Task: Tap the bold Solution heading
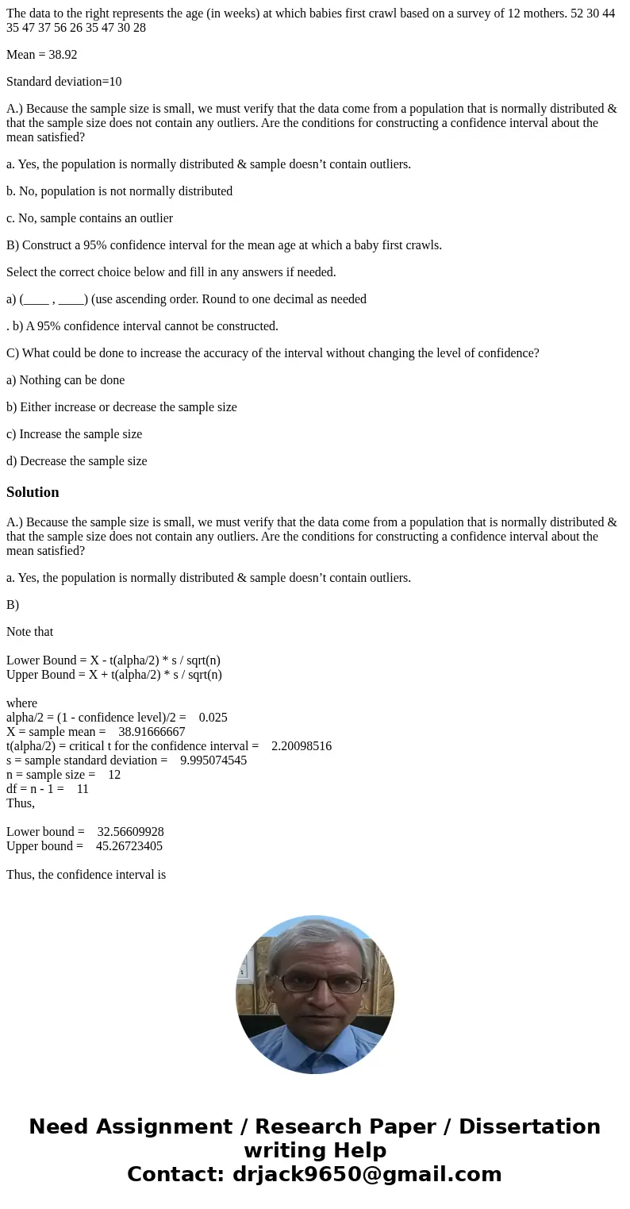point(33,492)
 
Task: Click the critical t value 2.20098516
point(302,746)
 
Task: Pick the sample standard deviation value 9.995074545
point(213,760)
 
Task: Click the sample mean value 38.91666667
point(152,732)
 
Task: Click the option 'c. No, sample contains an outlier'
point(90,218)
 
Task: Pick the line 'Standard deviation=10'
point(64,82)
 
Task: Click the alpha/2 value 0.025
point(213,718)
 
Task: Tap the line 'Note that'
point(30,632)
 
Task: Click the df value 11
point(83,789)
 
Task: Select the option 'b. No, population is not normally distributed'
point(120,191)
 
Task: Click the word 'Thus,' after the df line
point(21,803)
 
